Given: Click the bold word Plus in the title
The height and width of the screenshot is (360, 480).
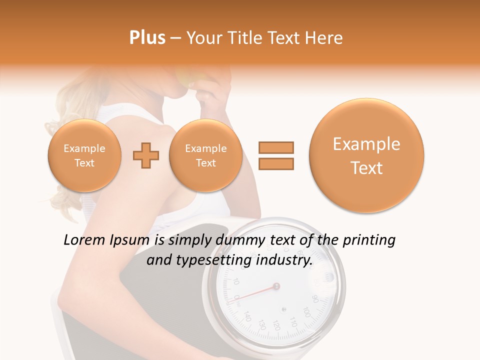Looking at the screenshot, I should [147, 38].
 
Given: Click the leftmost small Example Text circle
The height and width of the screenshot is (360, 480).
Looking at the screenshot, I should [84, 155].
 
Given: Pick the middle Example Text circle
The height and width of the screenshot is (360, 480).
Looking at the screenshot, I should [205, 155].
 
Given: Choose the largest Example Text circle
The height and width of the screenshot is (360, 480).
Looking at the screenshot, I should [366, 155].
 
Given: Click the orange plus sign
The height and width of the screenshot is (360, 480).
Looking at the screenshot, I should [145, 155].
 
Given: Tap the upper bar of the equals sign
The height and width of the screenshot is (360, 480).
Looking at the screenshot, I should [275, 147].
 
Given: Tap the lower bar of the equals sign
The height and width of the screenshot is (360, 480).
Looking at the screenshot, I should [275, 163].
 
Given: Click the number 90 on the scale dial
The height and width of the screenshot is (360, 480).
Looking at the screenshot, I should [315, 298].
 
